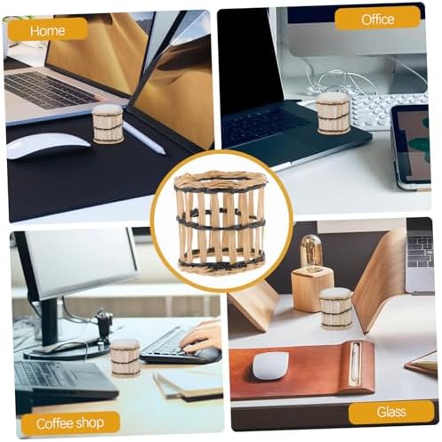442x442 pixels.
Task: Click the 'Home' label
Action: click(x=47, y=30)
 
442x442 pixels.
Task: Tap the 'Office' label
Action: click(x=377, y=20)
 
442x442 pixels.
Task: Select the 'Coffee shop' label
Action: click(x=70, y=423)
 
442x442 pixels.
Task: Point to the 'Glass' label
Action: click(x=391, y=412)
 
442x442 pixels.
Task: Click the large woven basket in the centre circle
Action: click(x=221, y=222)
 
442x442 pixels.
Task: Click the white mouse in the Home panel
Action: click(x=48, y=145)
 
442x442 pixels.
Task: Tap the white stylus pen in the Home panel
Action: click(x=144, y=138)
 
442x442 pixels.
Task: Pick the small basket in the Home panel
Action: click(x=108, y=125)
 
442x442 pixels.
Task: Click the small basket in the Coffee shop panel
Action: click(x=125, y=358)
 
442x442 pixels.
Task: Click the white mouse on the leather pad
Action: click(x=270, y=366)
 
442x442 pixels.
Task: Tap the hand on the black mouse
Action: click(x=202, y=336)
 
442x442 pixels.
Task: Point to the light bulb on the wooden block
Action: click(x=310, y=252)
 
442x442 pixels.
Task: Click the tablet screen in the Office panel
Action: click(x=414, y=145)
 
